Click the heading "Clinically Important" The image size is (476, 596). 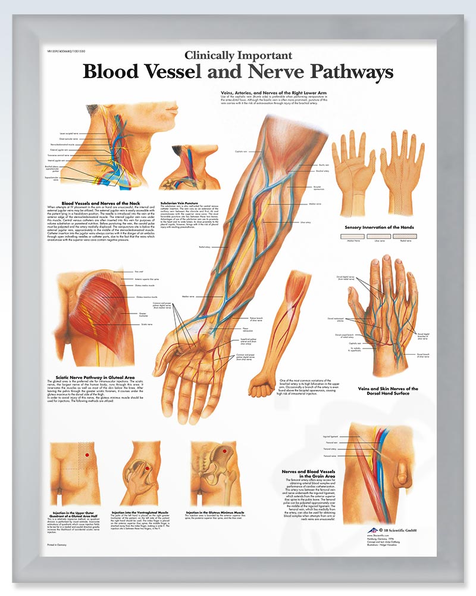(238, 55)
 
